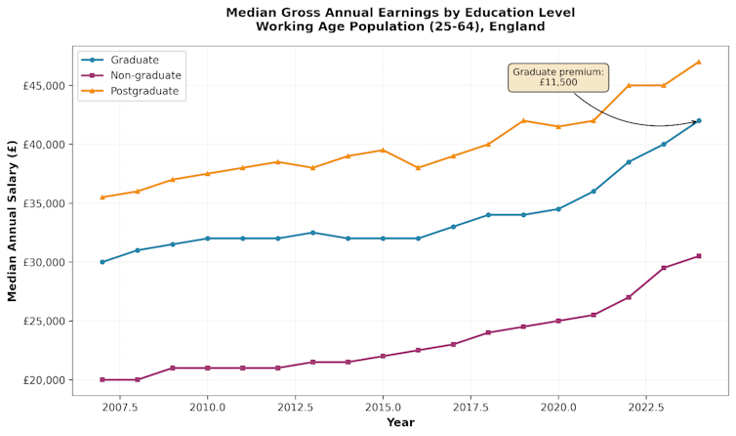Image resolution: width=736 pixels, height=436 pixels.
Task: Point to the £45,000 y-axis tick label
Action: [42, 86]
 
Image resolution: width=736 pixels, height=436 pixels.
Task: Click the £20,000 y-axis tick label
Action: [42, 379]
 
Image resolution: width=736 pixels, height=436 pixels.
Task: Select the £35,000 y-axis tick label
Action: [42, 203]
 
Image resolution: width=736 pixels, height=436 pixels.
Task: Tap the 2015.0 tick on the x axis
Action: [383, 406]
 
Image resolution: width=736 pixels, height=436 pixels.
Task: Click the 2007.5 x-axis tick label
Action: [119, 406]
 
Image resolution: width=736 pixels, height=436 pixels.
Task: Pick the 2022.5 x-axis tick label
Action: [646, 406]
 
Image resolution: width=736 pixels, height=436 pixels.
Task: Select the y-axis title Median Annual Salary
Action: [13, 220]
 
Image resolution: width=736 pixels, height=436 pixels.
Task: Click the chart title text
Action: [400, 20]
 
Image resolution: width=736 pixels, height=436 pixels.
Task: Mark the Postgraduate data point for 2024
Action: [699, 62]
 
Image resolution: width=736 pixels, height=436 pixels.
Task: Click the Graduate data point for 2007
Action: [102, 262]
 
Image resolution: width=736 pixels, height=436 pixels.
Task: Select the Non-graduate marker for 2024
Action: [699, 256]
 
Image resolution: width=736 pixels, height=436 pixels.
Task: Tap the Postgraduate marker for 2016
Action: [418, 167]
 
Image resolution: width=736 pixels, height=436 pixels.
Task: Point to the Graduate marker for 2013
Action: [312, 233]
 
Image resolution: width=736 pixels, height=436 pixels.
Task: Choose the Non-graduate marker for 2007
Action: [102, 379]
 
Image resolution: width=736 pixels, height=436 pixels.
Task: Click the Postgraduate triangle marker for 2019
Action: [523, 120]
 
